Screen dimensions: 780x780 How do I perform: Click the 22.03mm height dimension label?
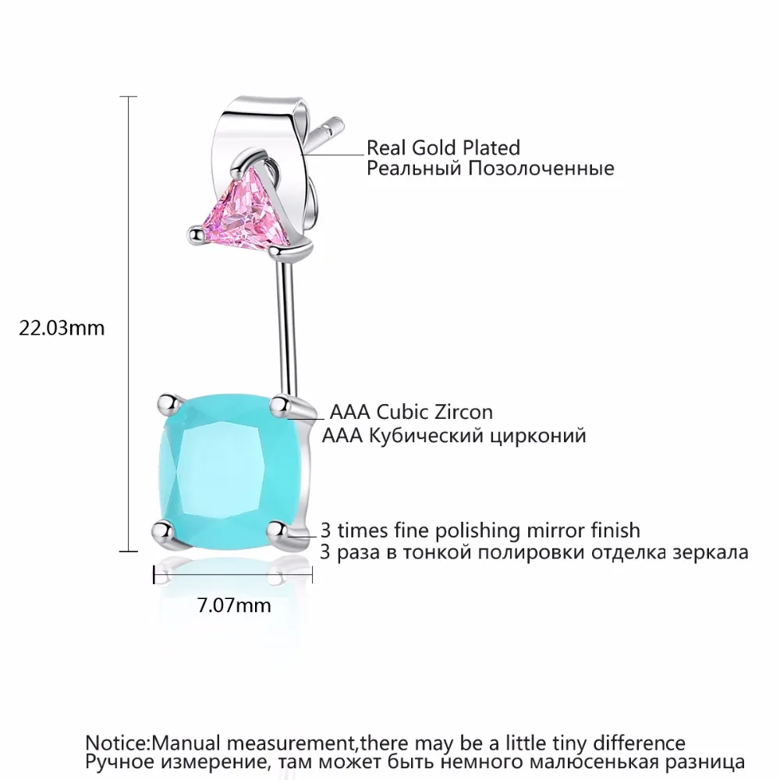pyautogui.click(x=62, y=328)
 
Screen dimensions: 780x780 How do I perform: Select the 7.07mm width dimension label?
pyautogui.click(x=233, y=605)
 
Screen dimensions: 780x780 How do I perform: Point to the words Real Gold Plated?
pyautogui.click(x=443, y=147)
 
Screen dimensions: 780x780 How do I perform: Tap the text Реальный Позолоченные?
pyautogui.click(x=490, y=168)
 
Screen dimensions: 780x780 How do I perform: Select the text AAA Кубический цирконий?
pyautogui.click(x=454, y=435)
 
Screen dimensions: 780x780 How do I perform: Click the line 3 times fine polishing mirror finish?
pyautogui.click(x=480, y=530)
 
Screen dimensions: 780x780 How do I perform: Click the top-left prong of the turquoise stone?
pyautogui.click(x=165, y=402)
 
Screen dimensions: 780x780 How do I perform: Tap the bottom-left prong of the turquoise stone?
pyautogui.click(x=161, y=530)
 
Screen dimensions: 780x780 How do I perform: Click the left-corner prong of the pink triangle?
pyautogui.click(x=194, y=231)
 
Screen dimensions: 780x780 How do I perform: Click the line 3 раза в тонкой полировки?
pyautogui.click(x=534, y=552)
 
